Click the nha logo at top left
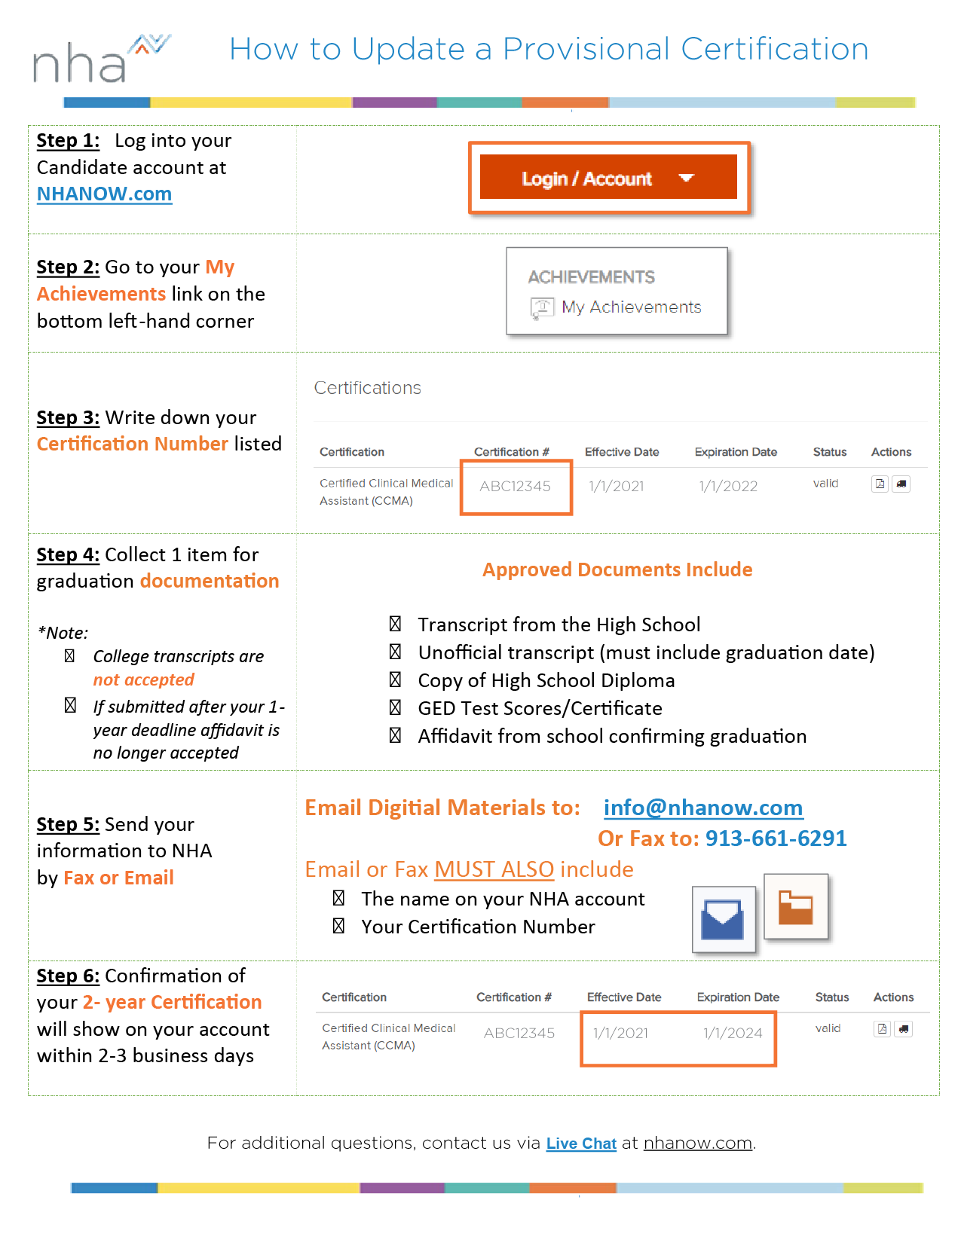tap(99, 60)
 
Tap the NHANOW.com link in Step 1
tap(104, 194)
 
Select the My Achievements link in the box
tap(631, 307)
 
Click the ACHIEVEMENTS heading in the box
tap(591, 277)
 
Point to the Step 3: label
tap(68, 418)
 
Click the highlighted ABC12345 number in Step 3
tap(516, 487)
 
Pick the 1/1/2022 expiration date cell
tap(728, 487)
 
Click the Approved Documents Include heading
tap(617, 570)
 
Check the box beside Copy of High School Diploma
tap(395, 680)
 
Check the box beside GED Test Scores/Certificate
tap(395, 708)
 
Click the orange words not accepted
tap(143, 680)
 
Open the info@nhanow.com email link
tap(702, 808)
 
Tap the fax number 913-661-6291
tap(776, 839)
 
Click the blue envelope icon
tap(723, 920)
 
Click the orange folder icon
tap(796, 908)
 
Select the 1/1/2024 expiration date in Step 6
tap(733, 1034)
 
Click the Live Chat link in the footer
tap(581, 1144)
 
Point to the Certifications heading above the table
tap(367, 388)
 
